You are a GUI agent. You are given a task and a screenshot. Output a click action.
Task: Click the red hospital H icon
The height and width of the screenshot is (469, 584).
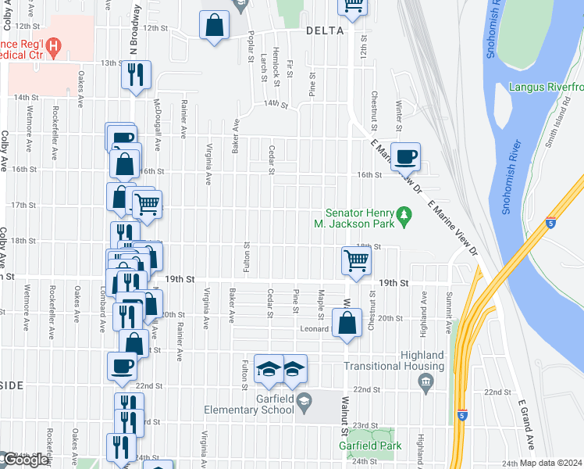[x=52, y=48]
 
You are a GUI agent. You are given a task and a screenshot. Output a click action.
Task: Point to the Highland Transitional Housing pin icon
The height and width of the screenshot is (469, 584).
[x=426, y=381]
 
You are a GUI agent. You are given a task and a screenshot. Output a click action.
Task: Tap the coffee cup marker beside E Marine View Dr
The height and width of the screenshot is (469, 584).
[x=405, y=156]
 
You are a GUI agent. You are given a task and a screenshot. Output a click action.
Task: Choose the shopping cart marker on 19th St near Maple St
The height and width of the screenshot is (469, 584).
[x=355, y=262]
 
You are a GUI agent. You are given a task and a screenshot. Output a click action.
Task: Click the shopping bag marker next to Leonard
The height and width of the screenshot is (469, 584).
[x=347, y=322]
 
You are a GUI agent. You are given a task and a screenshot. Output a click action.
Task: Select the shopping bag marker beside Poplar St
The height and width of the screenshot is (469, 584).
[x=214, y=25]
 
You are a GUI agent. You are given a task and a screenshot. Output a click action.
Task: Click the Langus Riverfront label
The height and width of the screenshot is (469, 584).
[x=546, y=87]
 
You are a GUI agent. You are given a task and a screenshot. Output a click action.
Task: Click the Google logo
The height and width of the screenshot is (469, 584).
[x=26, y=460]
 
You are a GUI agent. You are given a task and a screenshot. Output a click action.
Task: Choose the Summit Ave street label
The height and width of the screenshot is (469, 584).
[x=448, y=308]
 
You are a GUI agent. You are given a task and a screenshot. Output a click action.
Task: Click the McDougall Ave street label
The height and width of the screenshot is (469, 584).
[x=157, y=124]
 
